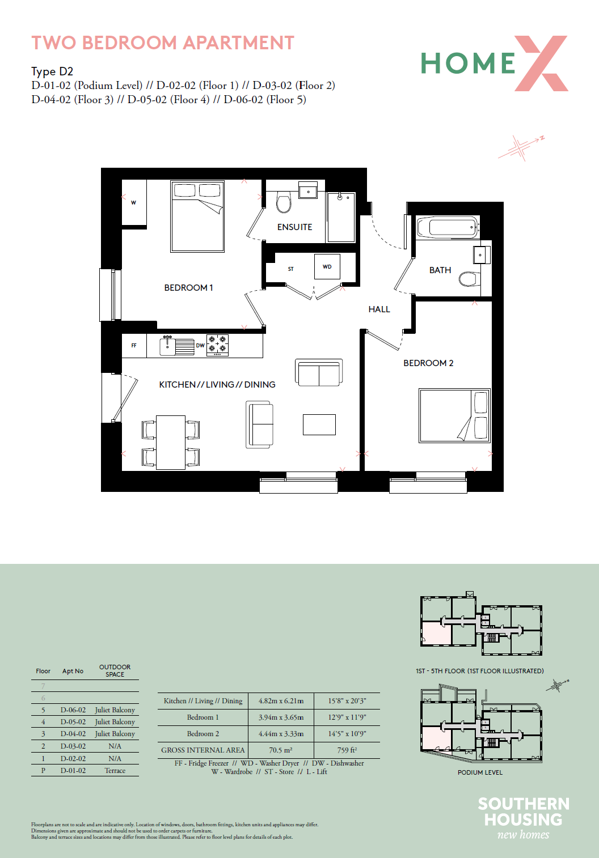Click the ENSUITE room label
point(294,227)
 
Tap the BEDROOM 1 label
point(188,288)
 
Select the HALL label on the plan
point(379,309)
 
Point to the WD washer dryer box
point(327,266)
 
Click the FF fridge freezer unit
point(134,346)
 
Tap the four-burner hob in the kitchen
point(217,345)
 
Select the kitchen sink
point(177,346)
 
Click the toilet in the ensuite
point(284,203)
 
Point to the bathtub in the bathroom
point(448,227)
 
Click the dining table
point(171,442)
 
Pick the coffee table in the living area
point(319,424)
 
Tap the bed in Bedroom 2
point(454,415)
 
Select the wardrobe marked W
point(134,203)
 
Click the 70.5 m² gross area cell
point(281,750)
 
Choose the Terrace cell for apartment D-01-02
point(115,770)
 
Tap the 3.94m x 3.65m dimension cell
point(281,717)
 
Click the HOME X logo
point(494,63)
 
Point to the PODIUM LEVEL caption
point(480,772)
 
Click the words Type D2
point(52,71)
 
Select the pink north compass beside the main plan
point(521,147)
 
